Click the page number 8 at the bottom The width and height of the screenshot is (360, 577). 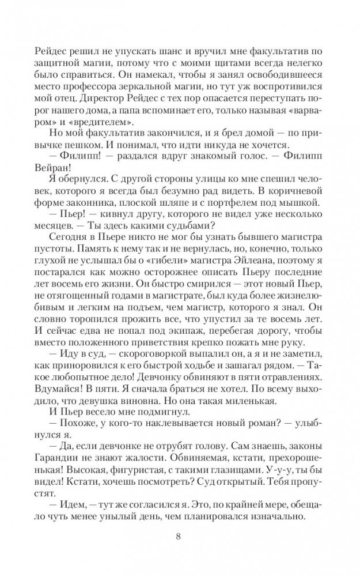click(180, 538)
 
